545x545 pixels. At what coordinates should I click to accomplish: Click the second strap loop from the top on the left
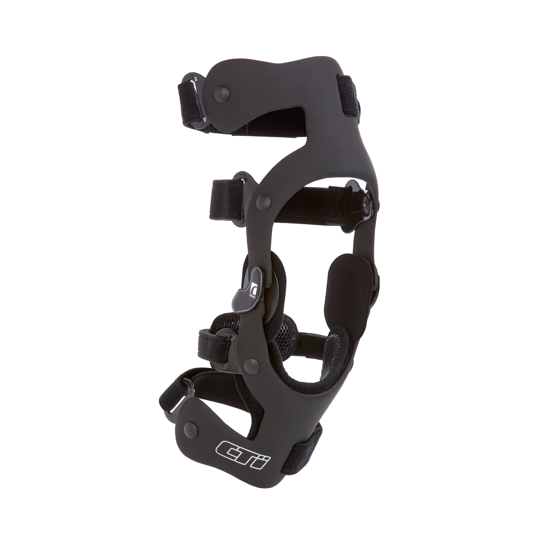point(229,195)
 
